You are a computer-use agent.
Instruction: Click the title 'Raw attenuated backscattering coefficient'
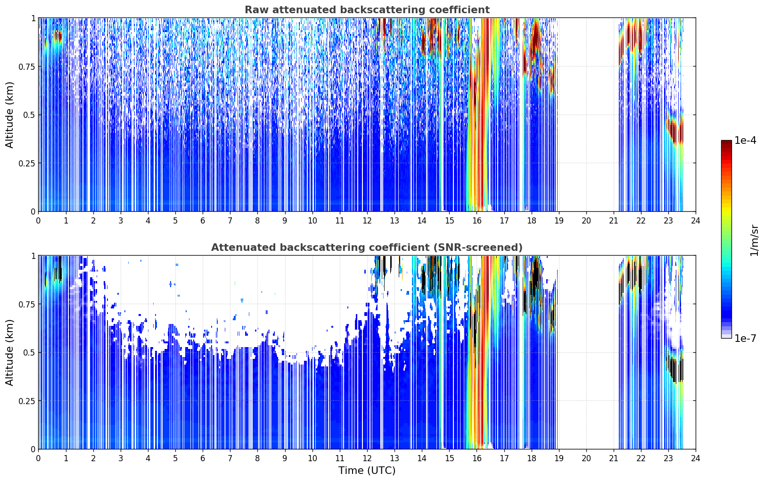coord(367,9)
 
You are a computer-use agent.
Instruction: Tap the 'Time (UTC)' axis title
coord(367,471)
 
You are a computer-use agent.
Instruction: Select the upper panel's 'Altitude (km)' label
coord(9,115)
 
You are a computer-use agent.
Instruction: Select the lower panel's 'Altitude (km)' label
coord(9,352)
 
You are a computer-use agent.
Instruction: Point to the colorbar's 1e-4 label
coord(745,140)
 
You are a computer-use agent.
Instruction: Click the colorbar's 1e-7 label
coord(745,338)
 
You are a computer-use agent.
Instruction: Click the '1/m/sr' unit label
coord(754,240)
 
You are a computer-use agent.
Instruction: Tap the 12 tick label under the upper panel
coord(367,220)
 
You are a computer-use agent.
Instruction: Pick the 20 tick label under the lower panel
coord(586,458)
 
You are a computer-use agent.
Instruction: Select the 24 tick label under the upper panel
coord(696,220)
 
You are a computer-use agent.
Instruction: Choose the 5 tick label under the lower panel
coord(175,458)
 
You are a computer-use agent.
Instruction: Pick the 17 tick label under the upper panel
coord(504,220)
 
